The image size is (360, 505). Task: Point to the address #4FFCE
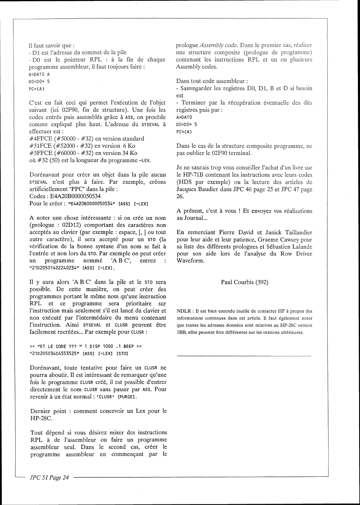[x=41, y=139]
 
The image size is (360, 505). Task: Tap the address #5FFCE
[x=41, y=153]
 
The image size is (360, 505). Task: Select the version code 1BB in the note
[x=180, y=333]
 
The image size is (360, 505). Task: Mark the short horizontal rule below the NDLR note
[x=244, y=356]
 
